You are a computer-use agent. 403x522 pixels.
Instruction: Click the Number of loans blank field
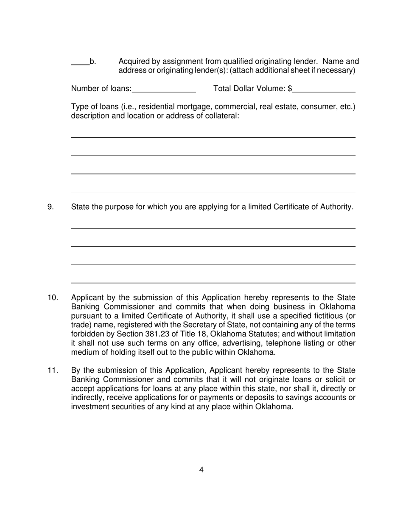[164, 89]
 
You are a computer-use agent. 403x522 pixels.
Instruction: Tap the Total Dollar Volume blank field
[324, 89]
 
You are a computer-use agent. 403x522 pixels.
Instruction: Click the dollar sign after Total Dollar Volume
[290, 89]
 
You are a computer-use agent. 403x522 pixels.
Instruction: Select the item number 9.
[50, 207]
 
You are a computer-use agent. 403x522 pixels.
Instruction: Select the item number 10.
[52, 298]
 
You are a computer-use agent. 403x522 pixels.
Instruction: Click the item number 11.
[52, 370]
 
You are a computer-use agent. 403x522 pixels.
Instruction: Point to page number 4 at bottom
[201, 470]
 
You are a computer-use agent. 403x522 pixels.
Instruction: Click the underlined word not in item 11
[250, 379]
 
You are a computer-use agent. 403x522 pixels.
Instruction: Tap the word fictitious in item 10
[324, 316]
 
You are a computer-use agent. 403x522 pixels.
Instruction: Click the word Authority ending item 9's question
[335, 207]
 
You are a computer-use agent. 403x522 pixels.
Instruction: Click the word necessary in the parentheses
[336, 70]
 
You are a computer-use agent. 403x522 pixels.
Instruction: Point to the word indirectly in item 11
[87, 398]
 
